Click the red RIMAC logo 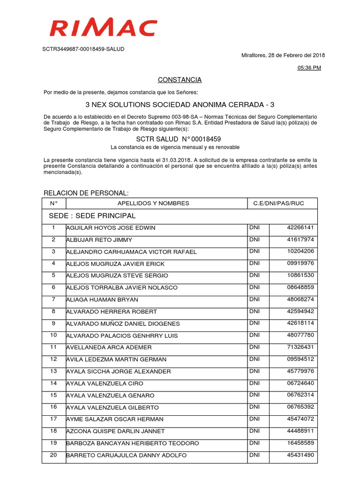[x=103, y=28]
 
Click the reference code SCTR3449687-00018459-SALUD [x=84, y=49]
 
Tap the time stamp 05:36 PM [x=310, y=68]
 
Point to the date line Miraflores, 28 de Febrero [x=283, y=55]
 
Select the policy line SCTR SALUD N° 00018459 [x=178, y=139]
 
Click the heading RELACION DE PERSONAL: [x=86, y=193]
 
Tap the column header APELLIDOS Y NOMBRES [x=153, y=203]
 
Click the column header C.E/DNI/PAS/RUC [x=278, y=203]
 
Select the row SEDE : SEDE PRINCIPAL [x=92, y=216]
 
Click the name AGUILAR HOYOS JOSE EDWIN [x=111, y=228]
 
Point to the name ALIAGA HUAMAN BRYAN [x=102, y=300]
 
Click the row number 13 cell [x=53, y=371]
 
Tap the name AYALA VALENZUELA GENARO [x=110, y=396]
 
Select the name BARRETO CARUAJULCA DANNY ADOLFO [x=126, y=455]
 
